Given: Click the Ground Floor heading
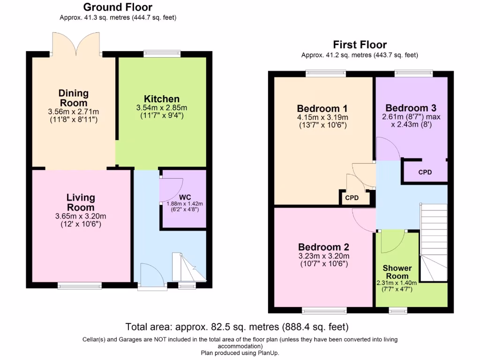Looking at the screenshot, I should click(118, 7).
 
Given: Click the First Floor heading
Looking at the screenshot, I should click(360, 45).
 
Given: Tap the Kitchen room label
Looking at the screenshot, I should click(161, 99).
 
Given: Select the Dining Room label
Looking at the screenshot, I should click(73, 98).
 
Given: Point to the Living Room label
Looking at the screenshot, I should click(81, 202).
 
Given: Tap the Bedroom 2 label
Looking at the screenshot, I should click(323, 247).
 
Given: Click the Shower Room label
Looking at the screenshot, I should click(397, 272).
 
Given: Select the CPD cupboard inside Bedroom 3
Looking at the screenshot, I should click(425, 172).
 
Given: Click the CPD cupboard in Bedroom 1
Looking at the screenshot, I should click(352, 198).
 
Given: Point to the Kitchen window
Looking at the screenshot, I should click(162, 54).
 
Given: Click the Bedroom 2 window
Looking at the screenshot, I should click(324, 310).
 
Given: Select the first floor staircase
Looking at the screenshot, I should click(433, 244).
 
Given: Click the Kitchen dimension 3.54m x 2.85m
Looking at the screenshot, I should click(161, 108).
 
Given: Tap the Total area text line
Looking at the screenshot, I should click(237, 327).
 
